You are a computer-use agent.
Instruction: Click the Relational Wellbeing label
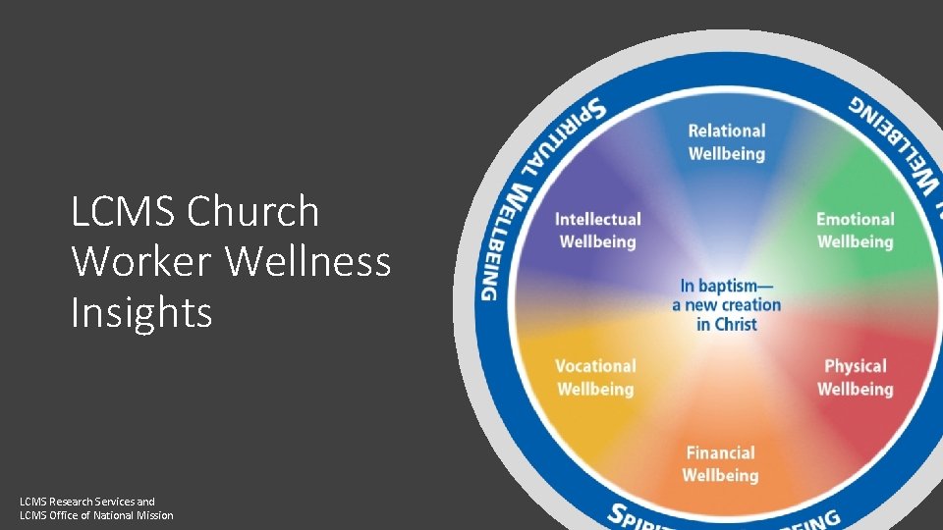(726, 142)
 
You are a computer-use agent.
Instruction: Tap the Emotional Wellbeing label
(855, 231)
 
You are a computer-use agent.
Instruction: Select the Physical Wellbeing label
(855, 378)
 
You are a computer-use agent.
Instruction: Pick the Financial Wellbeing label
(720, 464)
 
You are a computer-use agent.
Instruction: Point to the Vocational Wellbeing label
(595, 378)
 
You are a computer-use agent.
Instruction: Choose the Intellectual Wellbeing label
(597, 231)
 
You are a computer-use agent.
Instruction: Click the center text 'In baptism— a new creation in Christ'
(726, 304)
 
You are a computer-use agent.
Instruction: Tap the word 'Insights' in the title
(141, 312)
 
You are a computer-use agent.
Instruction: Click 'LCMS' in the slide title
(124, 211)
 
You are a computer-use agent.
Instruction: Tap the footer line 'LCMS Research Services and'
(87, 502)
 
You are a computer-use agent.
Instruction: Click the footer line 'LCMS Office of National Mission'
(96, 515)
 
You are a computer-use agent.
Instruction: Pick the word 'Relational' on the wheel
(726, 131)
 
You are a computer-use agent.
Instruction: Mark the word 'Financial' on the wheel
(720, 453)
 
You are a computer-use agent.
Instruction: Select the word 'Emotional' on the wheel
(855, 219)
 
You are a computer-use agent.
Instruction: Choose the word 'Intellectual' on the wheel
(597, 219)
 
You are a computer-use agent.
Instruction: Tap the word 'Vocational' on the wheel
(595, 366)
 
